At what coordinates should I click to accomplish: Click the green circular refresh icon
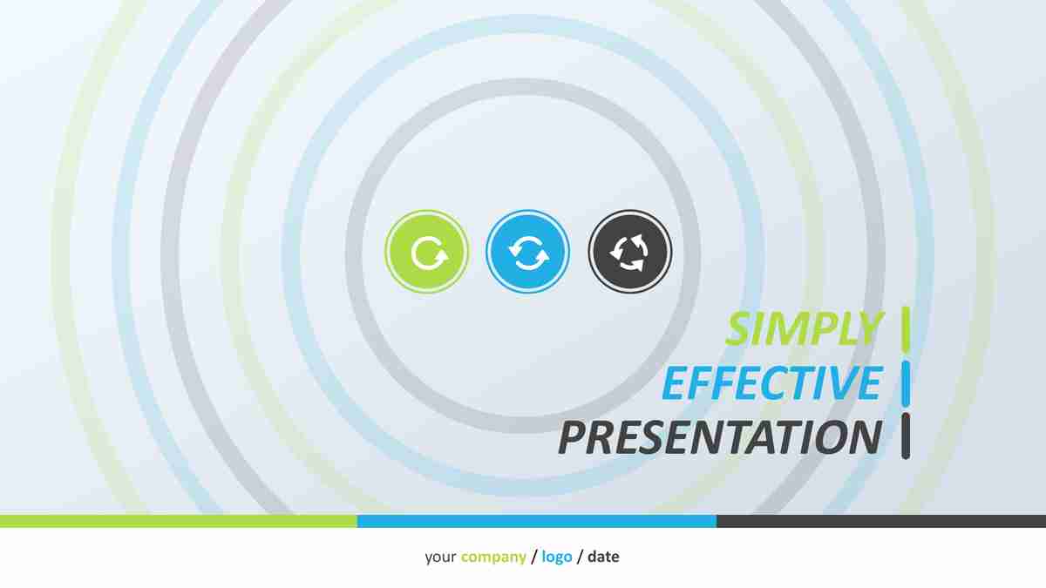(x=427, y=252)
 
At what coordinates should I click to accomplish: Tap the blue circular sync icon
(x=528, y=252)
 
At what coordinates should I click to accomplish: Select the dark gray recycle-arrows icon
(x=630, y=252)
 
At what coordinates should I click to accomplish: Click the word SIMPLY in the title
(x=804, y=328)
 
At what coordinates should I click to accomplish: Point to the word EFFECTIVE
(x=772, y=382)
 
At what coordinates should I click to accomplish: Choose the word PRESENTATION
(x=720, y=437)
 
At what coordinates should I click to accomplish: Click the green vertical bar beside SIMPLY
(x=906, y=328)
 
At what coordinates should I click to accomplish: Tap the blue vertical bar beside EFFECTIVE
(x=906, y=382)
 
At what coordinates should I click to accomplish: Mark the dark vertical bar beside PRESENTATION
(x=906, y=436)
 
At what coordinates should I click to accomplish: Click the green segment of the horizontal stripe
(x=179, y=521)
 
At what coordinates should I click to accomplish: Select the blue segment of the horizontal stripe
(x=537, y=521)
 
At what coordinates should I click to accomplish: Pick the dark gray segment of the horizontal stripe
(x=881, y=521)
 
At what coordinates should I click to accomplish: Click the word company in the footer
(x=493, y=558)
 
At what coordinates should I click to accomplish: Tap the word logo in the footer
(x=557, y=558)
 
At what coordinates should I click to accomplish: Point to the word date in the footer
(x=604, y=557)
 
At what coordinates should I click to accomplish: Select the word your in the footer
(x=440, y=558)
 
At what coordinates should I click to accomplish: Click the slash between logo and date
(x=580, y=557)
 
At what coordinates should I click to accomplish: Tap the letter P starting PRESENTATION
(x=574, y=437)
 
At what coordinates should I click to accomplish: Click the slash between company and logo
(x=534, y=557)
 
